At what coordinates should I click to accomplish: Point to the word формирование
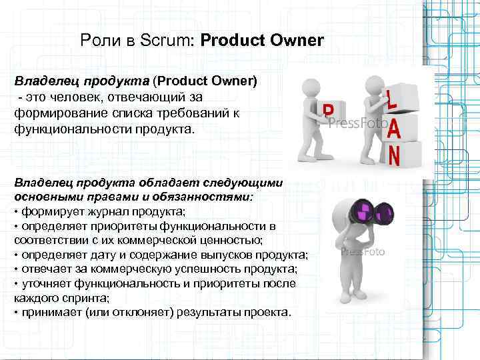[56, 113]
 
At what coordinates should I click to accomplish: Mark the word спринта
[75, 298]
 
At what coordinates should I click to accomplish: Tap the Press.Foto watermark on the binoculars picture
[363, 252]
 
